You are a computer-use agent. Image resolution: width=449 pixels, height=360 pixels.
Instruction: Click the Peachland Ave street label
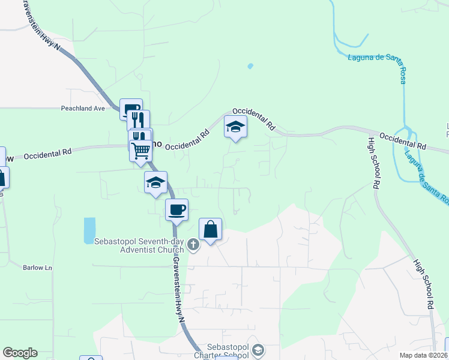[83, 109]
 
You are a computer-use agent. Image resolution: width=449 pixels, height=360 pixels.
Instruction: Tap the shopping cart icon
[140, 149]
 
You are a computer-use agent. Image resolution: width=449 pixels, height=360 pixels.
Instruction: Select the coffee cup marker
[176, 210]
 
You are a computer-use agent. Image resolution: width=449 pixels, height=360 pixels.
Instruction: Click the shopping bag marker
[210, 229]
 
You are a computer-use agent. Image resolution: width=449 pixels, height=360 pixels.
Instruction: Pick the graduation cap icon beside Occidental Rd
[235, 127]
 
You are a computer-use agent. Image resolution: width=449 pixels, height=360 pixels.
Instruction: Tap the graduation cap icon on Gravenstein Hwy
[155, 182]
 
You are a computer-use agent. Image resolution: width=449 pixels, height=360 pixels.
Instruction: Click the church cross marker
[193, 244]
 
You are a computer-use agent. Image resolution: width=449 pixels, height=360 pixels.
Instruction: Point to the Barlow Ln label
[38, 268]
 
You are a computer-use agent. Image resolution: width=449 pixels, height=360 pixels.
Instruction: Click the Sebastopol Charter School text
[223, 351]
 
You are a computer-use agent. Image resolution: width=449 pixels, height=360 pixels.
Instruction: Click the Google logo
[20, 353]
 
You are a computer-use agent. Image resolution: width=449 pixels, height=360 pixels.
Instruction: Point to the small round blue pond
[250, 66]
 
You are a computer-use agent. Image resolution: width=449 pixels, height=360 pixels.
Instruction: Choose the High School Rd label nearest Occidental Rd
[373, 162]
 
